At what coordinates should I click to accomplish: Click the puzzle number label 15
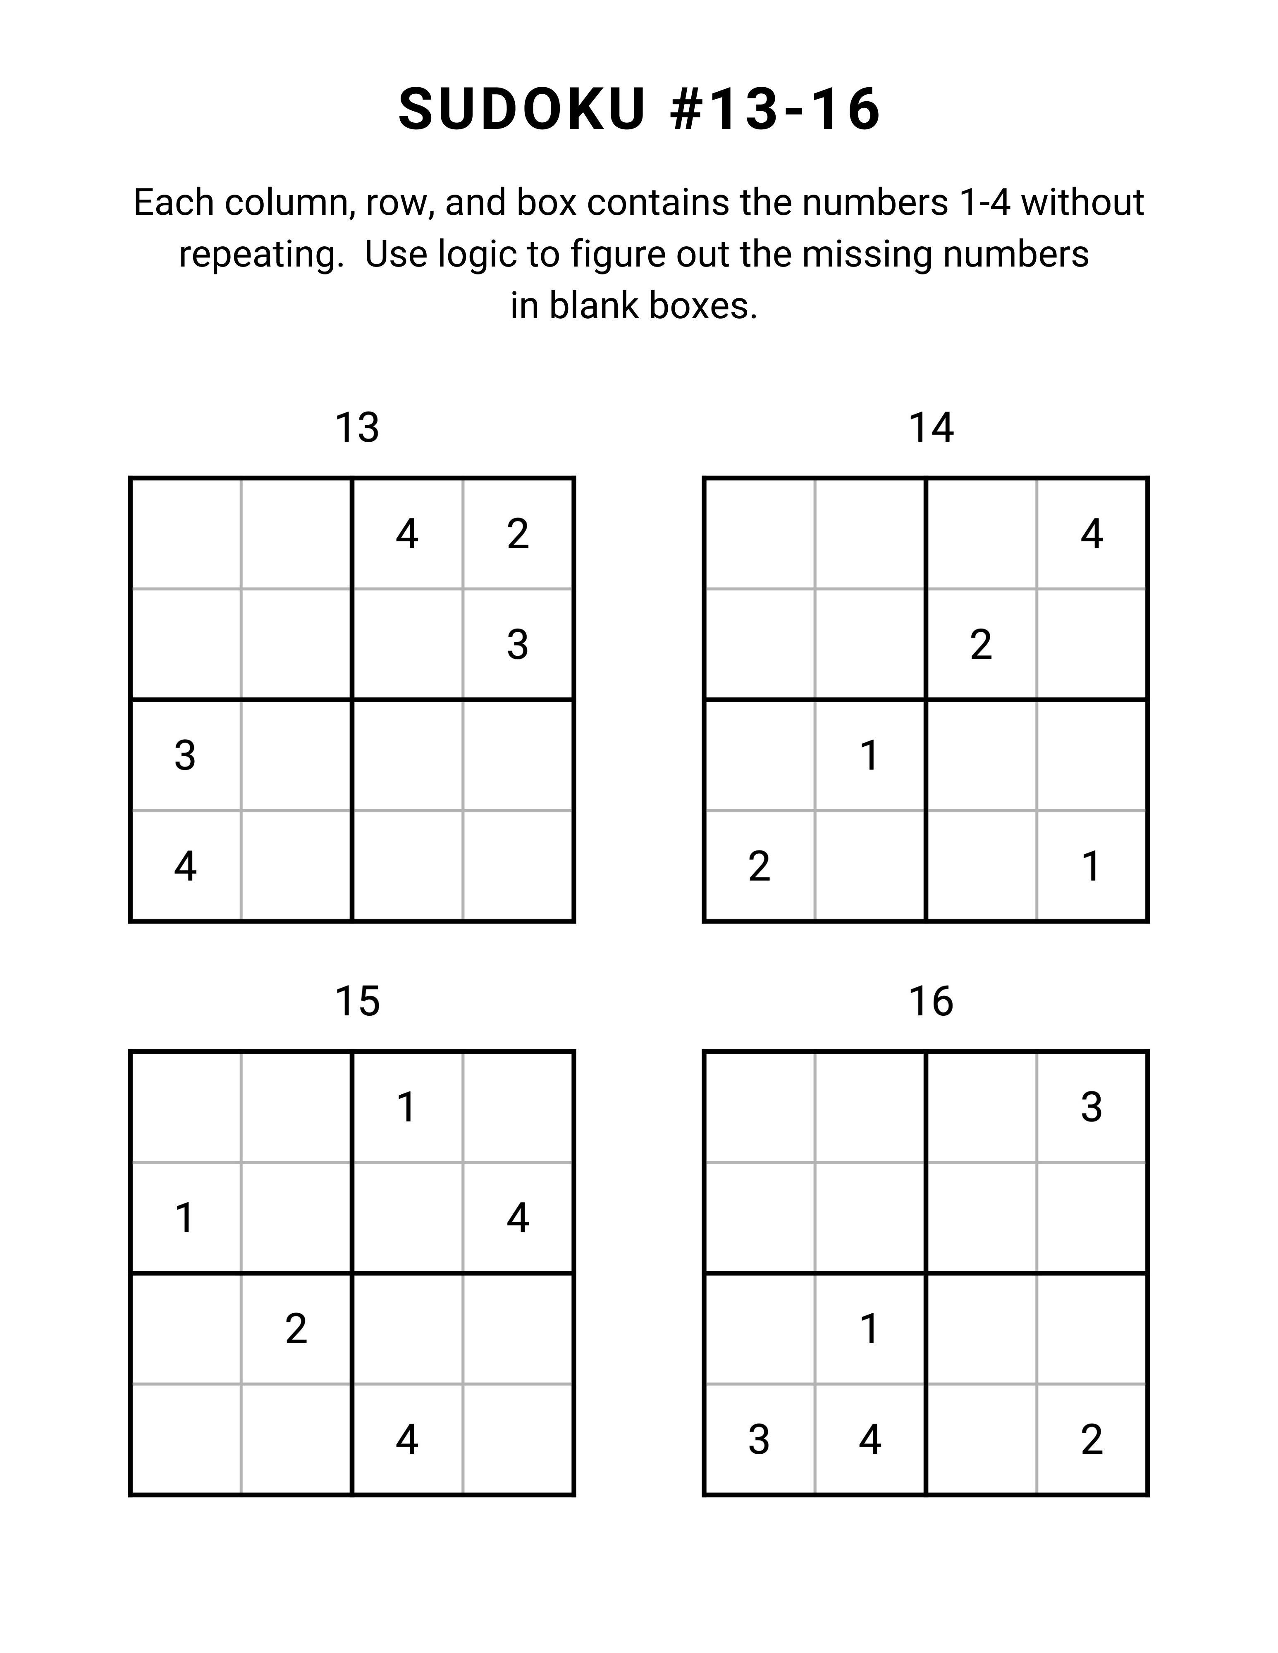(356, 1001)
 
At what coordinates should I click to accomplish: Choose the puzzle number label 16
(930, 1001)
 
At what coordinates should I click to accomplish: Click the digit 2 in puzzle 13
(518, 534)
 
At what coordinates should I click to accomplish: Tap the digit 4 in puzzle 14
(1091, 534)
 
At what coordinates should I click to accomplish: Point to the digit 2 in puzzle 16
(1091, 1440)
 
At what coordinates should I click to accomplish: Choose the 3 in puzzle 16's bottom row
(759, 1440)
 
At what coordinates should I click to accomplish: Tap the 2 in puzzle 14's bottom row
(759, 867)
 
